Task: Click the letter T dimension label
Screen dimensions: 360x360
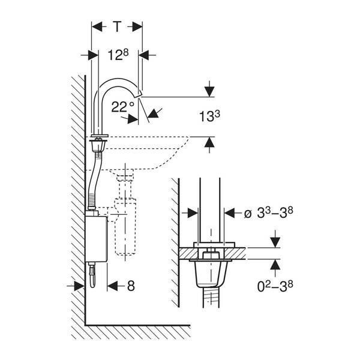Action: point(118,26)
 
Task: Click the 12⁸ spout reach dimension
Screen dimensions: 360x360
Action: point(118,55)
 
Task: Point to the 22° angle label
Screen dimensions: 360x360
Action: point(122,107)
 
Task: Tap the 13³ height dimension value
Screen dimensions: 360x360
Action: point(209,116)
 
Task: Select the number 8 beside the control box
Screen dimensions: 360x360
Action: point(131,286)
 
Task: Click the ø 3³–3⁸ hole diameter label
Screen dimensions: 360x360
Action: point(268,213)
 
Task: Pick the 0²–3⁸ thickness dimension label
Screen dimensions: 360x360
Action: point(275,286)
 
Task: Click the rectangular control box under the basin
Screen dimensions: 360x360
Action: point(96,239)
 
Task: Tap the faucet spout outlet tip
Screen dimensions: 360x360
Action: point(139,95)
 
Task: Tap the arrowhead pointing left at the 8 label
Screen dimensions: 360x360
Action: point(113,286)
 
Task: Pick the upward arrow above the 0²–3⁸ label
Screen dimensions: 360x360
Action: point(275,265)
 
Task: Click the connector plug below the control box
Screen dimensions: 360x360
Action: point(92,275)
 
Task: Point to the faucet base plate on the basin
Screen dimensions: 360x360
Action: point(99,136)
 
